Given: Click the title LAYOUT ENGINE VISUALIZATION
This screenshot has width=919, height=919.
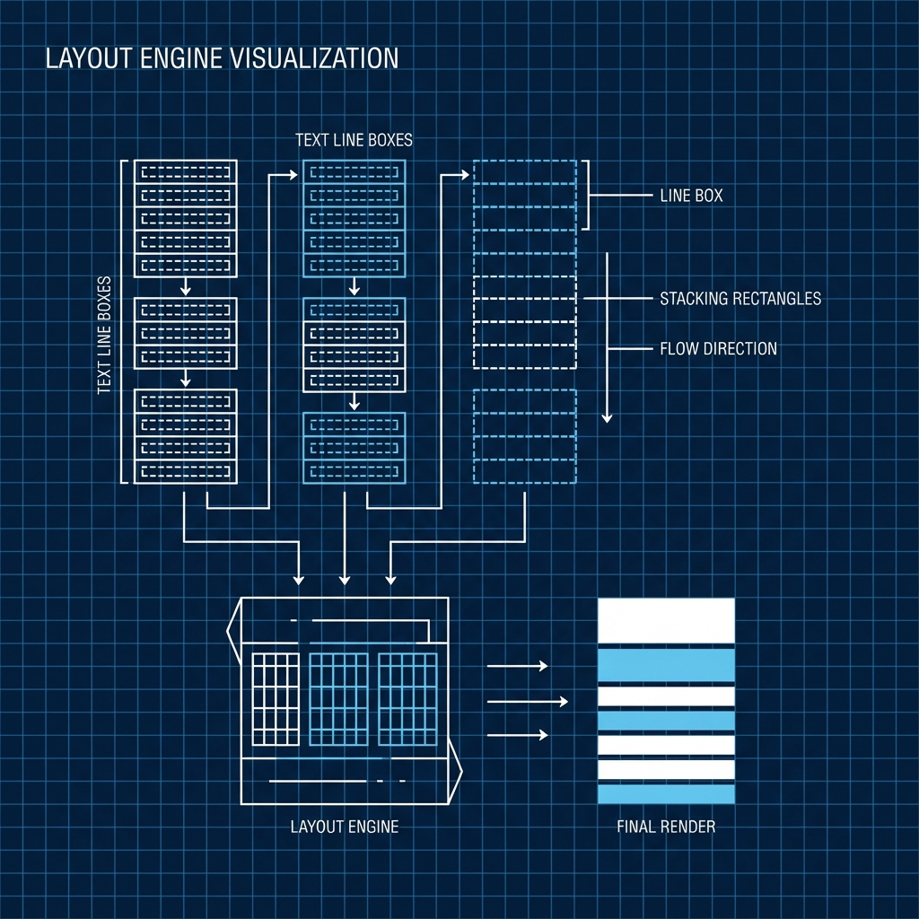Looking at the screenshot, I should [x=221, y=59].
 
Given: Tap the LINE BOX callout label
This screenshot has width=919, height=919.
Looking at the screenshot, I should [x=690, y=195].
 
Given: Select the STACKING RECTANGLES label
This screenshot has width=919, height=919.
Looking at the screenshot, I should [x=740, y=298].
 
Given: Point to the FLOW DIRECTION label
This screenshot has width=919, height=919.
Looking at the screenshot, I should [x=718, y=348].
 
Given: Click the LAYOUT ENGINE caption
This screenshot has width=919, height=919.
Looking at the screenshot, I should [x=344, y=827].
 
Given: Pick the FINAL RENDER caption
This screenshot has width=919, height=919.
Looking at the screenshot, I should [x=666, y=827].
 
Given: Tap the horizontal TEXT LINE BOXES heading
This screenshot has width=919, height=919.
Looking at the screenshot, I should [x=354, y=141].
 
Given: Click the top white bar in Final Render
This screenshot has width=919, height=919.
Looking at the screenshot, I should [x=666, y=620].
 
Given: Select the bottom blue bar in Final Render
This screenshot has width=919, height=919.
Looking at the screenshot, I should [x=666, y=793].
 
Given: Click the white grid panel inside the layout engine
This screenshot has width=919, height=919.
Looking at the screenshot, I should [x=276, y=698].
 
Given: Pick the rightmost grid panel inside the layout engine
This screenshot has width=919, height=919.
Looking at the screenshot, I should [x=407, y=698].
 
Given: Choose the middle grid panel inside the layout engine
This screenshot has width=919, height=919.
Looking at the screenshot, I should [x=338, y=698].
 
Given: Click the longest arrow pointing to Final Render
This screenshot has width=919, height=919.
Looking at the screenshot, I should [x=528, y=701].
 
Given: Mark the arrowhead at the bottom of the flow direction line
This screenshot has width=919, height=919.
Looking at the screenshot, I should [x=607, y=416].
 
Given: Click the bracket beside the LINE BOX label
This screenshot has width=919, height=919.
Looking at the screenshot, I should [x=588, y=195].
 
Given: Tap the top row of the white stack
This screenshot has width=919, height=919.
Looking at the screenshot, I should [x=185, y=171].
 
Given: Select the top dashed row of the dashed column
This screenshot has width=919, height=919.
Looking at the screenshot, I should [x=524, y=171].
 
